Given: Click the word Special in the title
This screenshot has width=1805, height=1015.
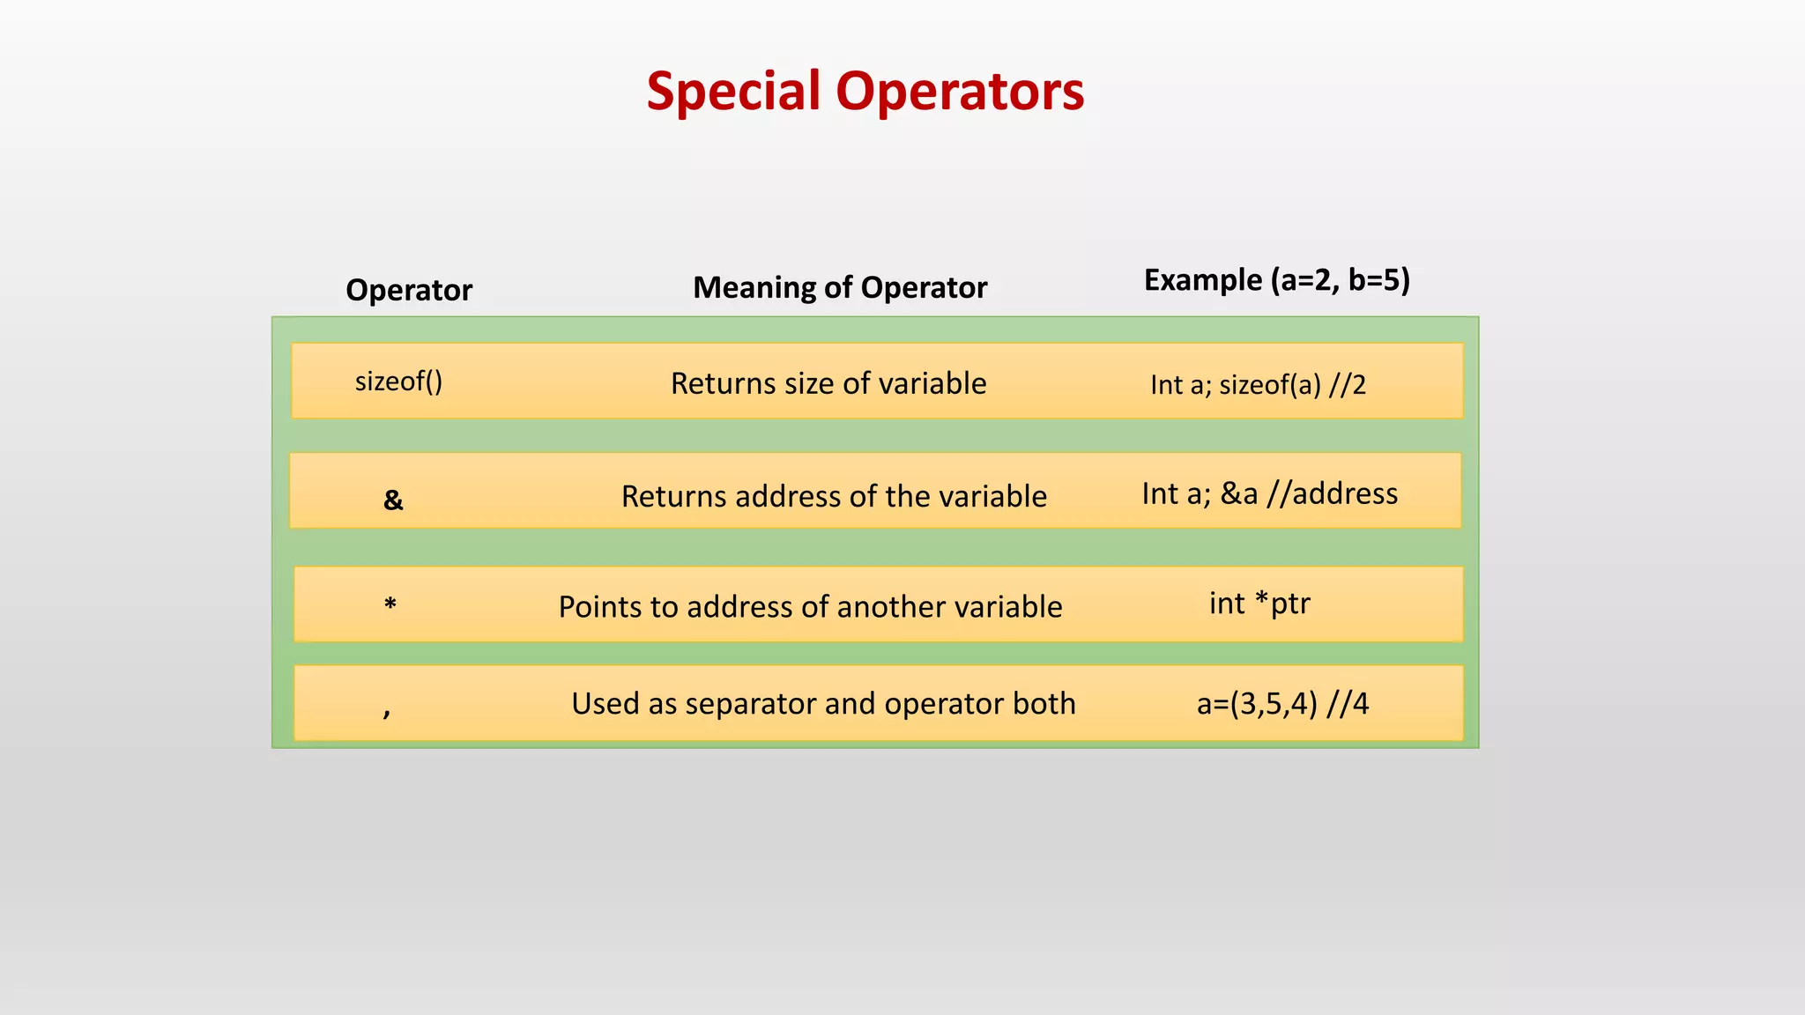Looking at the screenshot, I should pos(733,92).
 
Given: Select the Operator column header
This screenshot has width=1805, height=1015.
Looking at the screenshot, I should pos(409,290).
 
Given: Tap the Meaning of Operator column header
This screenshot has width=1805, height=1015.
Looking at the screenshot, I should pos(840,287).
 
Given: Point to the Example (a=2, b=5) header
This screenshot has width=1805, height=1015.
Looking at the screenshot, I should pos(1277,280).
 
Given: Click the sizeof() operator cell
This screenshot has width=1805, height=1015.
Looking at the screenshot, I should pos(398,382).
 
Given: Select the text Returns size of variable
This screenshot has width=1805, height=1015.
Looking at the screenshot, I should pos(828,383).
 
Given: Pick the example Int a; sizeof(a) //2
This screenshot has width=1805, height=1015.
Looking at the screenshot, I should pos(1258,385).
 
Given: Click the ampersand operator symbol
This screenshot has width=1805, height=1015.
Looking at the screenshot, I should pos(393,500).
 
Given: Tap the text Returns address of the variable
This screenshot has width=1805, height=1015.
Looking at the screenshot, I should pos(834,496).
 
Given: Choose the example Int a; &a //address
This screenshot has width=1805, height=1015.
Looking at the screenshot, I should pos(1269,493).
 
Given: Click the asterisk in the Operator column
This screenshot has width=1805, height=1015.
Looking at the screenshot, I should pos(390,604).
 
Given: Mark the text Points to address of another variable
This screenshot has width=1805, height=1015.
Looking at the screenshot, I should pos(810,606).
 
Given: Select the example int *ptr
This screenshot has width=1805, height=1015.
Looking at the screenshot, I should pos(1259,604).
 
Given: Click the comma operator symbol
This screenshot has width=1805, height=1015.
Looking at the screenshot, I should pos(387,710).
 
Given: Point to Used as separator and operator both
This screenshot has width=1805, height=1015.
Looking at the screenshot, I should pos(823,703).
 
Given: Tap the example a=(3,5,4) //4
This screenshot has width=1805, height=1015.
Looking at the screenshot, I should pos(1282,703).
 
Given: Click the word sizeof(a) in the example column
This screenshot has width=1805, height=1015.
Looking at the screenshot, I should pos(1270,385).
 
